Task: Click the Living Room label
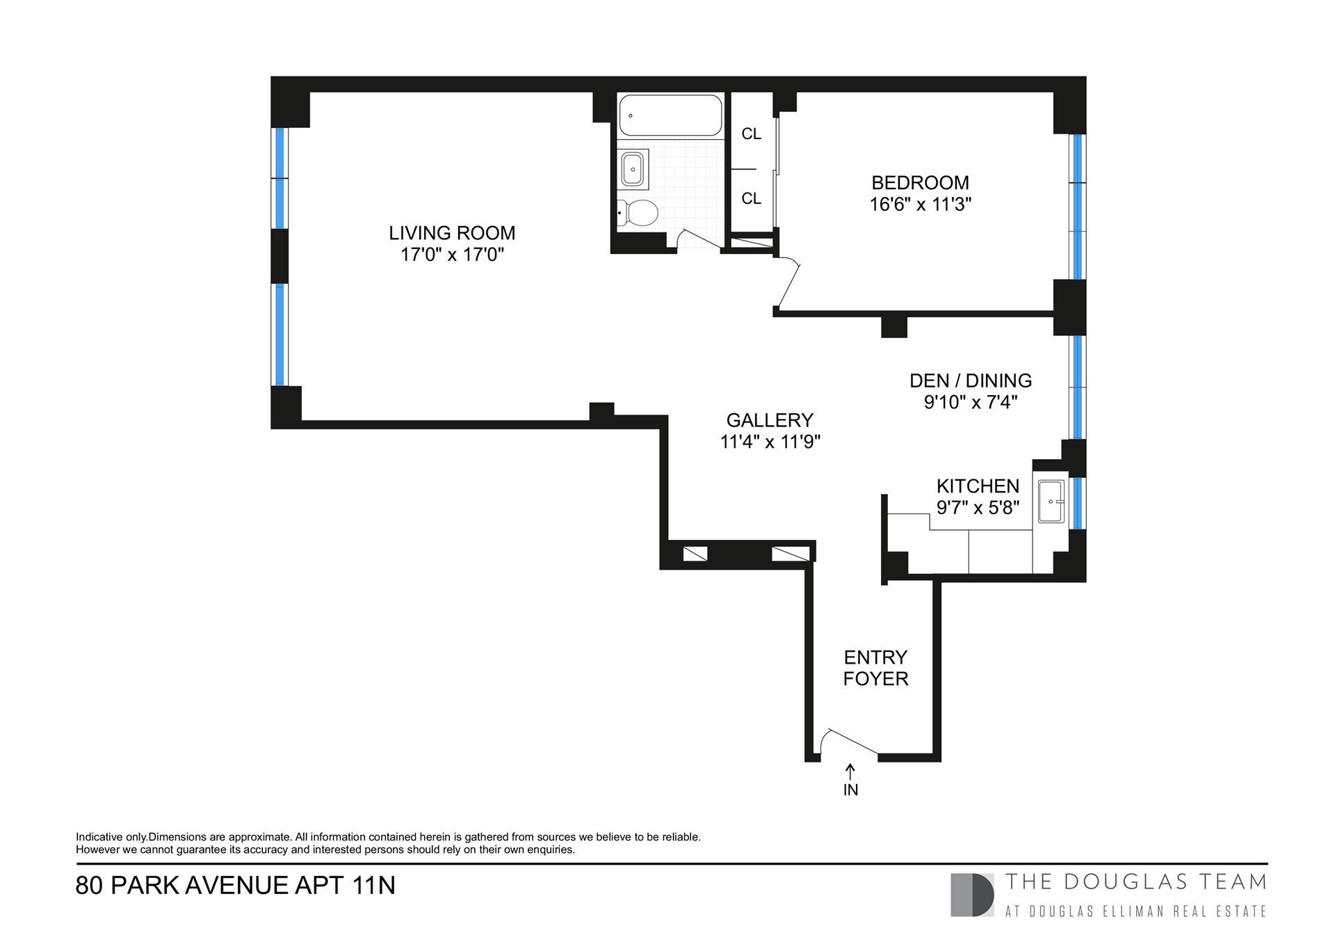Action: pos(452,232)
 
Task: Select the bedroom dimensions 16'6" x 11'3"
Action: pos(920,205)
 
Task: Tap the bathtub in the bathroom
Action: pos(670,115)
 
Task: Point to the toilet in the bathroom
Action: pos(638,212)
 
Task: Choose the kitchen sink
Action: pos(1051,501)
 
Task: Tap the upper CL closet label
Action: pos(752,134)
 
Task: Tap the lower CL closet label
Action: pos(752,198)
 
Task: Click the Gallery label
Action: pos(770,420)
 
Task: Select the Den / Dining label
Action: pos(971,381)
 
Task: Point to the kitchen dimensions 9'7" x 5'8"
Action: pos(978,508)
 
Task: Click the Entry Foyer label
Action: pos(875,668)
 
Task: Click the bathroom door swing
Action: pos(699,238)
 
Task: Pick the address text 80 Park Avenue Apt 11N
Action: pos(235,886)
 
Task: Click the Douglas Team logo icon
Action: pos(972,895)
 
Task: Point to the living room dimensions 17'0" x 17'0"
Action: pos(452,255)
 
